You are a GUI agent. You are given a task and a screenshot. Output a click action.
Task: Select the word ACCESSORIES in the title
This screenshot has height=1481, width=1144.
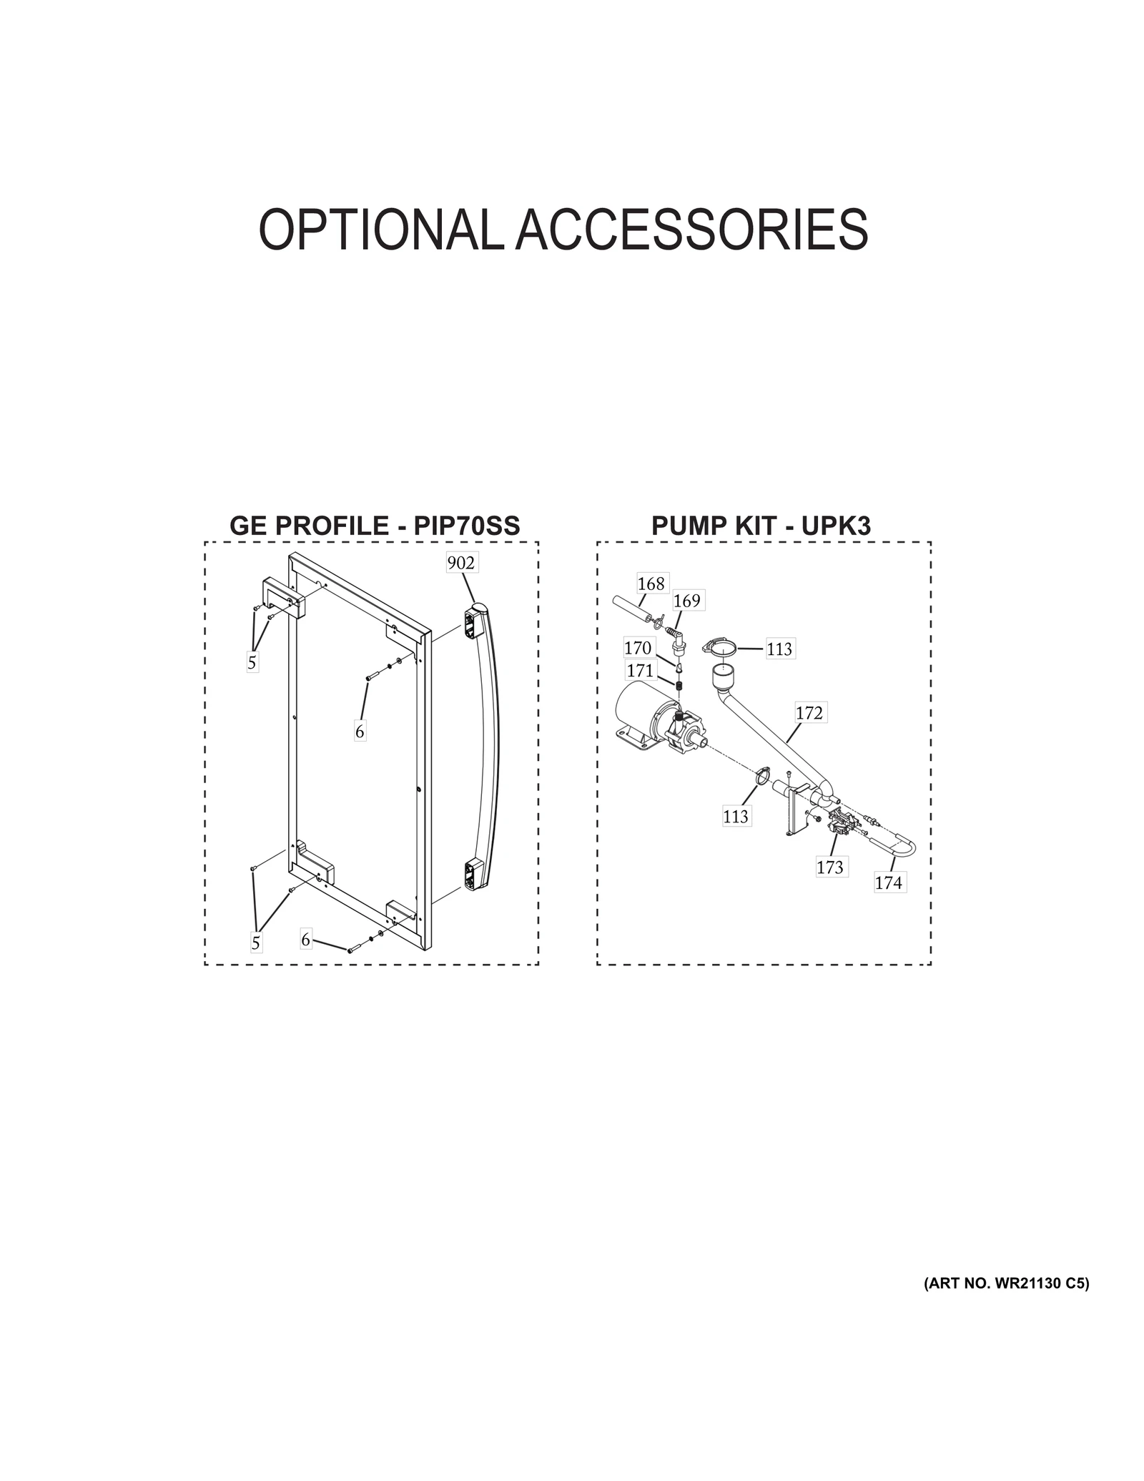click(691, 230)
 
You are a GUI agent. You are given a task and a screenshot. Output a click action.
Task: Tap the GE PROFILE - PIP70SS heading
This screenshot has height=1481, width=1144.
click(375, 526)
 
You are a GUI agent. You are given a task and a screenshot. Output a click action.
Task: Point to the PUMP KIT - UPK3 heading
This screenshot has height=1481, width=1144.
click(761, 526)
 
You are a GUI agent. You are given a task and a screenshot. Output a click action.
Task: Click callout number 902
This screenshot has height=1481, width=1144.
click(460, 563)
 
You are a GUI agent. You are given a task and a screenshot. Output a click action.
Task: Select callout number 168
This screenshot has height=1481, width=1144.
click(651, 584)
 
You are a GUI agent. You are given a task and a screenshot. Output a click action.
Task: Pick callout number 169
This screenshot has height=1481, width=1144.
click(686, 601)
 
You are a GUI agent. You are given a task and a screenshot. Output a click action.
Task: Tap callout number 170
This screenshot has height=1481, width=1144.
click(637, 648)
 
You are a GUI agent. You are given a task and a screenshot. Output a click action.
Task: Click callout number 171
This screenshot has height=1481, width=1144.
click(640, 671)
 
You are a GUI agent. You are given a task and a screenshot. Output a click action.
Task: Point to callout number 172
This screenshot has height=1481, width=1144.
click(809, 713)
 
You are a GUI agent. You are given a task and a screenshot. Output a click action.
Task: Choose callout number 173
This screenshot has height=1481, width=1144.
click(830, 867)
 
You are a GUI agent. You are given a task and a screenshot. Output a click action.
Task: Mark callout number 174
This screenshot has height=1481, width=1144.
click(888, 883)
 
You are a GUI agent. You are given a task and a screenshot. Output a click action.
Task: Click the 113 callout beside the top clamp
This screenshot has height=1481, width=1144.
click(779, 649)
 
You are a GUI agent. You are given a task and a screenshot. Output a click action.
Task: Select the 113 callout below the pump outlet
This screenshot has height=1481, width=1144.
click(735, 816)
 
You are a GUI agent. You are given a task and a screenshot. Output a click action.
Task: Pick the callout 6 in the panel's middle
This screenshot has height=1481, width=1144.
click(360, 732)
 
